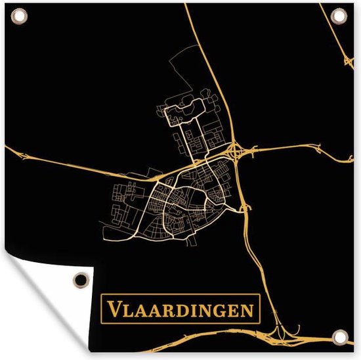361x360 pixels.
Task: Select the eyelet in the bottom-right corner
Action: [x=339, y=338]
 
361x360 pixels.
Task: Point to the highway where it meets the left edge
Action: [x=8, y=145]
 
